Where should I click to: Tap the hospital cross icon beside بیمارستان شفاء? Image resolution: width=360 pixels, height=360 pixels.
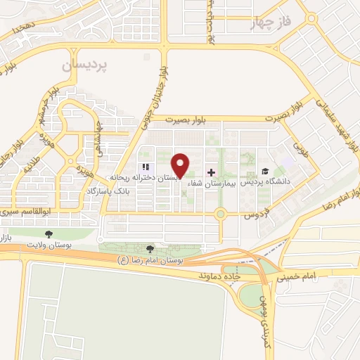pos(212,172)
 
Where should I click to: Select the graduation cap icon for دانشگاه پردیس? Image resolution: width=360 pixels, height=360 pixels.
pos(265,172)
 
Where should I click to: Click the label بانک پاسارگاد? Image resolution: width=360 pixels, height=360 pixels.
pos(109,191)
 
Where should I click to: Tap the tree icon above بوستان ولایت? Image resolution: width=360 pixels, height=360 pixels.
pos(49,233)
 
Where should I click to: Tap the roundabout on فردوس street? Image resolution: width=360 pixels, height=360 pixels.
pos(220,213)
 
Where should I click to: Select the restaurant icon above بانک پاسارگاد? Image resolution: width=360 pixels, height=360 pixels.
pos(146,167)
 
